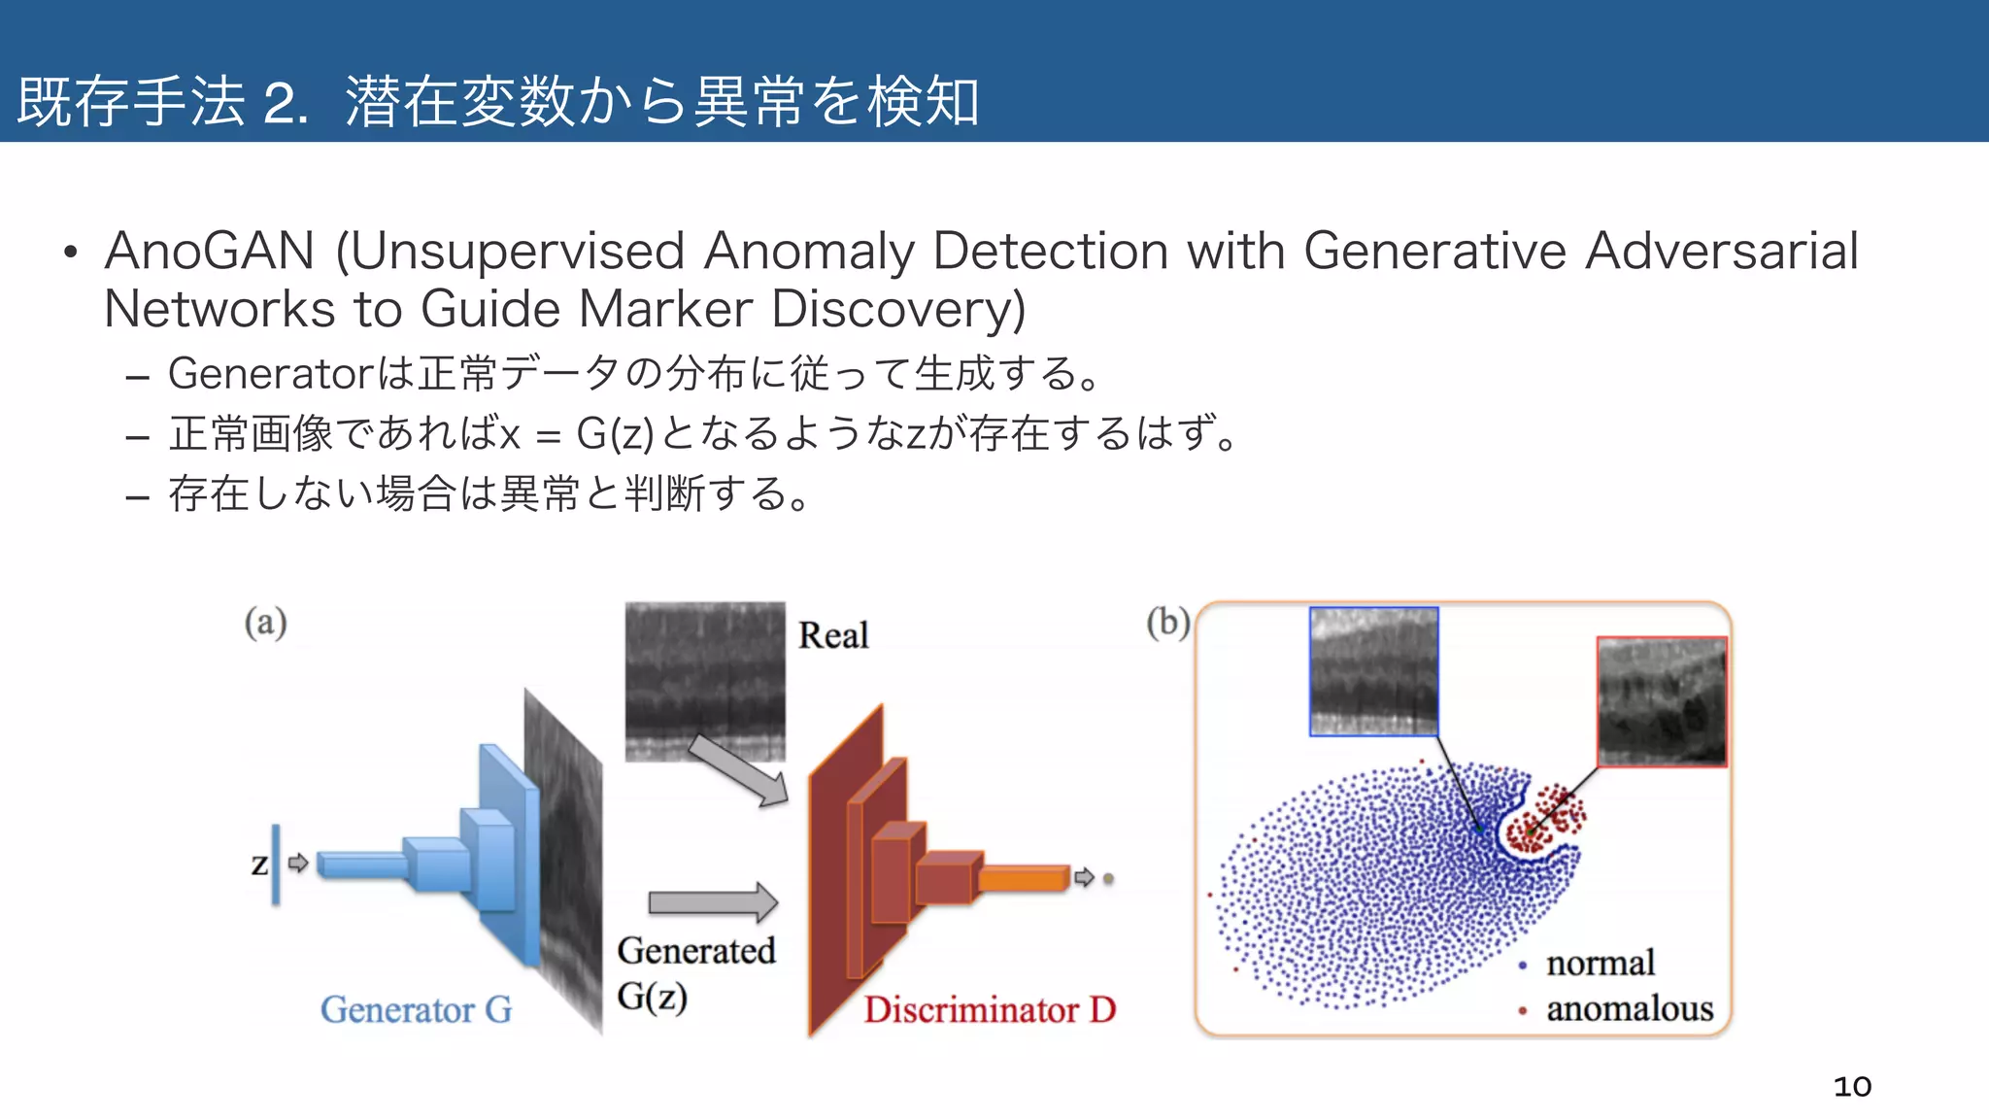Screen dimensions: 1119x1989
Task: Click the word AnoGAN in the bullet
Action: tap(209, 252)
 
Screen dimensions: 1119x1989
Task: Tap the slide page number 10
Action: tap(1851, 1086)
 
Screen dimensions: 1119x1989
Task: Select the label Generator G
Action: tap(416, 1010)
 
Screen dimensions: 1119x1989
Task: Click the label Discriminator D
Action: tap(990, 1010)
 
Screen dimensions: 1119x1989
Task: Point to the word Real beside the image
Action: tap(832, 635)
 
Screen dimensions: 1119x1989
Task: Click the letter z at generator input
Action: tap(259, 864)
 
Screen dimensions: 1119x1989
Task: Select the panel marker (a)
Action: tap(265, 623)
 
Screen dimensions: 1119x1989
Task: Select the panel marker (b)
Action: tap(1167, 623)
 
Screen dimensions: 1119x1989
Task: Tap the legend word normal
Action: tap(1600, 964)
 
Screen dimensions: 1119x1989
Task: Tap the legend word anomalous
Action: tap(1629, 1009)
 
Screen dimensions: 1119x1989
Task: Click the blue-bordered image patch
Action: tap(1373, 671)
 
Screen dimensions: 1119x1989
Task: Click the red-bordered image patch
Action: tap(1662, 701)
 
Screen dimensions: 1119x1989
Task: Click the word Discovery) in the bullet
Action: tap(898, 310)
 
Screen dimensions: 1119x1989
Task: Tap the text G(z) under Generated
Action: tap(652, 997)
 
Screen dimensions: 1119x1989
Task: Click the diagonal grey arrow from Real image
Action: tap(739, 771)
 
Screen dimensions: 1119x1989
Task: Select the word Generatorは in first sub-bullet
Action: tap(290, 374)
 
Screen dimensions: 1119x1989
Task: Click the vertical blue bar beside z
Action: tap(276, 864)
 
